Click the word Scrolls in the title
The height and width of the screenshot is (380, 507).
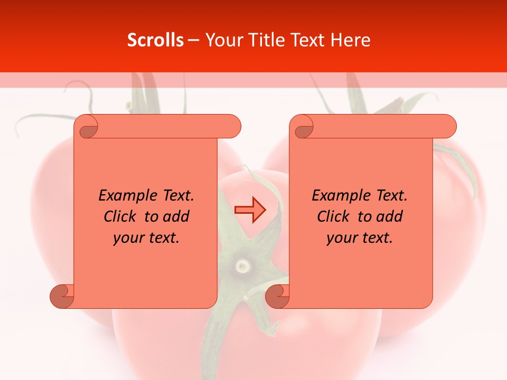click(x=156, y=40)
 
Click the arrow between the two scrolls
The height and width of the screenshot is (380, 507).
click(x=250, y=210)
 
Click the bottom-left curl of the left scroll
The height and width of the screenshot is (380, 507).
click(x=61, y=296)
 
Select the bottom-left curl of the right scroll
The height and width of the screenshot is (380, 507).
click(x=277, y=296)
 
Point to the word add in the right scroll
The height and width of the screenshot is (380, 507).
click(x=389, y=217)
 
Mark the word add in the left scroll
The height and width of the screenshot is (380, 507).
click(x=176, y=217)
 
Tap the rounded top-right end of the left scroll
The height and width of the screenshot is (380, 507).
click(x=232, y=127)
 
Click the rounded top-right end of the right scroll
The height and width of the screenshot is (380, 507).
click(x=448, y=127)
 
